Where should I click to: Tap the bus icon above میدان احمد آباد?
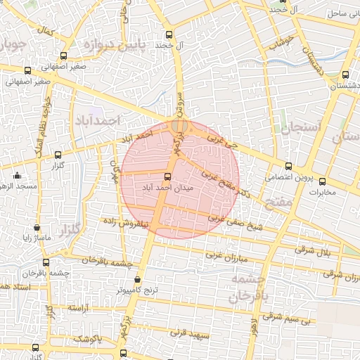(167, 177)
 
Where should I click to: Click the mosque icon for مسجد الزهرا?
(18, 175)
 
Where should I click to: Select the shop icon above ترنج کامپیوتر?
(137, 281)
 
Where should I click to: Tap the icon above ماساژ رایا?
(37, 227)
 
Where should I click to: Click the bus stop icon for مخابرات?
(322, 181)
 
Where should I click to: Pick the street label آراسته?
(81, 309)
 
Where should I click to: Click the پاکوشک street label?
(88, 339)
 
